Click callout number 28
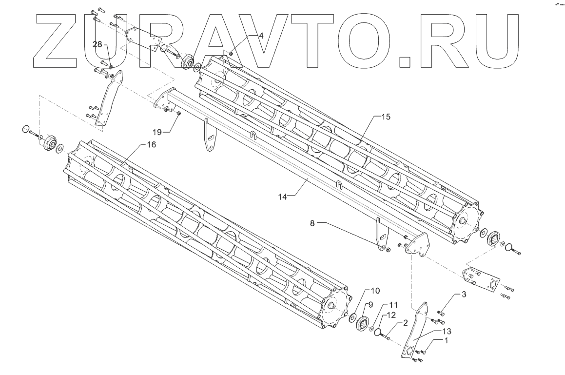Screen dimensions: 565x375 [x=97, y=44]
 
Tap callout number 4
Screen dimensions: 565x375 [x=261, y=36]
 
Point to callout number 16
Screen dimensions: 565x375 [x=152, y=145]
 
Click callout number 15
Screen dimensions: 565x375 [x=386, y=117]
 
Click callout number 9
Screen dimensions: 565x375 [x=370, y=305]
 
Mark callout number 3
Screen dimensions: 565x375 [x=464, y=295]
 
